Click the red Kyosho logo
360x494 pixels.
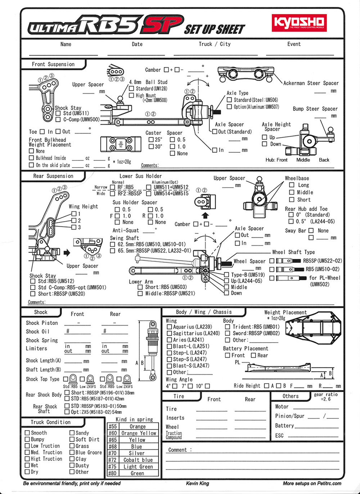[299, 23]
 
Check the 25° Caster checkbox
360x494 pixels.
[152, 140]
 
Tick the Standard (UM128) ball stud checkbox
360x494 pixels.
[132, 89]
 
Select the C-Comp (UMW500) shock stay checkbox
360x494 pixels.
[58, 119]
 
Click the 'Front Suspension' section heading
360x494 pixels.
[53, 64]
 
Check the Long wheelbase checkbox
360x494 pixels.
[292, 185]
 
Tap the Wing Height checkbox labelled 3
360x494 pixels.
[74, 227]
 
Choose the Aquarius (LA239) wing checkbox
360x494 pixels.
[170, 327]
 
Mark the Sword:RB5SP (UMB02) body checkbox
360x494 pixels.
[228, 334]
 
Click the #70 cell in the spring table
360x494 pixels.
[113, 453]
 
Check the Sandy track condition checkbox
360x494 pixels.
[72, 433]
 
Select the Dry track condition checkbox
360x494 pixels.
[27, 472]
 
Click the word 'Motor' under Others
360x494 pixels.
[282, 407]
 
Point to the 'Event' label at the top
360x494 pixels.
[294, 44]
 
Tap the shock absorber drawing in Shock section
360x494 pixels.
[153, 349]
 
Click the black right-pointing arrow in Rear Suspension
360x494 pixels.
[67, 253]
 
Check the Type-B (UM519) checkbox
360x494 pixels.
[226, 275]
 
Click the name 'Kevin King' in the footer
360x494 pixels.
[197, 483]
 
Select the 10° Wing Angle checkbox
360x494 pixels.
[207, 386]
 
